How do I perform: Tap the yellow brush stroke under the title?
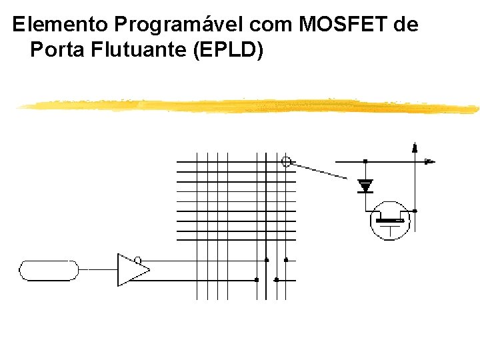[x=247, y=105]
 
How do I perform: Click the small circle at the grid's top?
[x=287, y=161]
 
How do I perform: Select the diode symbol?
[x=365, y=186]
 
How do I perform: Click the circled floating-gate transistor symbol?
[x=389, y=221]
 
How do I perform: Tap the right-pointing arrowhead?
[x=430, y=161]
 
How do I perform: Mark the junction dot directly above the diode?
[x=365, y=161]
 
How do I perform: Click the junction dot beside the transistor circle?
[x=415, y=211]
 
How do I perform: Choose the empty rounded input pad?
[x=49, y=270]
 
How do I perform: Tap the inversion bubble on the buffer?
[x=138, y=260]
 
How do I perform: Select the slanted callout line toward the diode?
[x=320, y=170]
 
